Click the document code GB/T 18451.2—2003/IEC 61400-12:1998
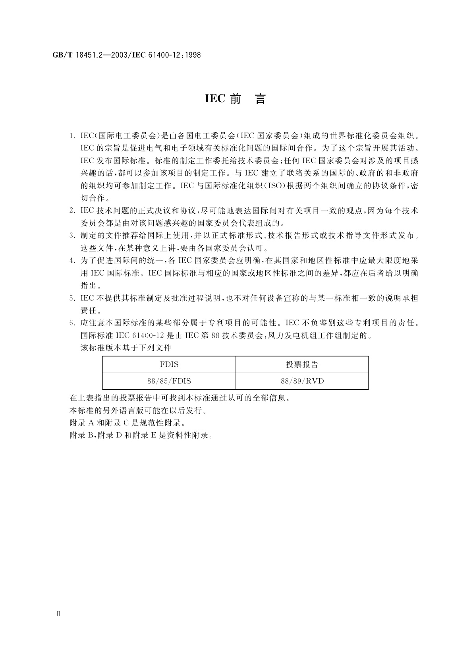[x=127, y=55]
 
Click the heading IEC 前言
[x=235, y=99]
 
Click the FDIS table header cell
[x=169, y=364]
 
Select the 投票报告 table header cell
[x=302, y=364]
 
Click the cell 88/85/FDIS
[x=169, y=381]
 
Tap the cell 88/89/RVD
[x=302, y=381]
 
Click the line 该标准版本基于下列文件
[x=126, y=348]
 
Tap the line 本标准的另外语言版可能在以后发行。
[x=138, y=410]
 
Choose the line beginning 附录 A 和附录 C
[x=127, y=422]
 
